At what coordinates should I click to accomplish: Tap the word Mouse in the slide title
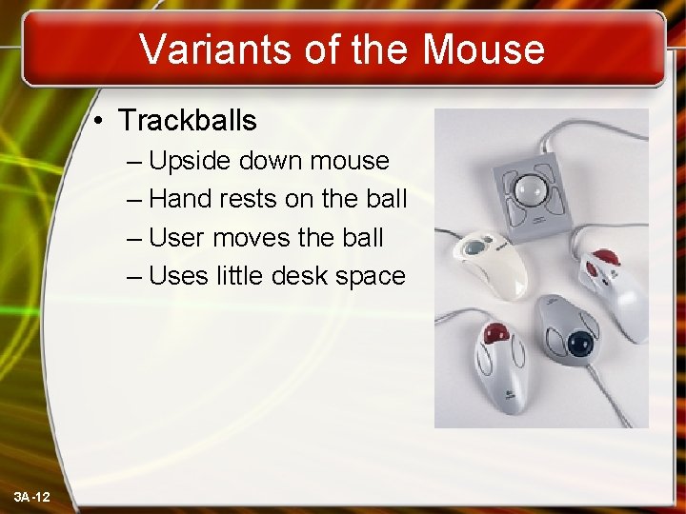[483, 49]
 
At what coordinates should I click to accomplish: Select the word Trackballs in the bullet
[188, 121]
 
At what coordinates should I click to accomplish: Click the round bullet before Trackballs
[98, 122]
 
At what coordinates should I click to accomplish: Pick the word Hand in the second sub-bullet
[180, 199]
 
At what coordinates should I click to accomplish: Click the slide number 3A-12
[33, 498]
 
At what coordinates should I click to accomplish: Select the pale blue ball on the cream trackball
[474, 248]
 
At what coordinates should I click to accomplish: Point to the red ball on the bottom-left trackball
[495, 335]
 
